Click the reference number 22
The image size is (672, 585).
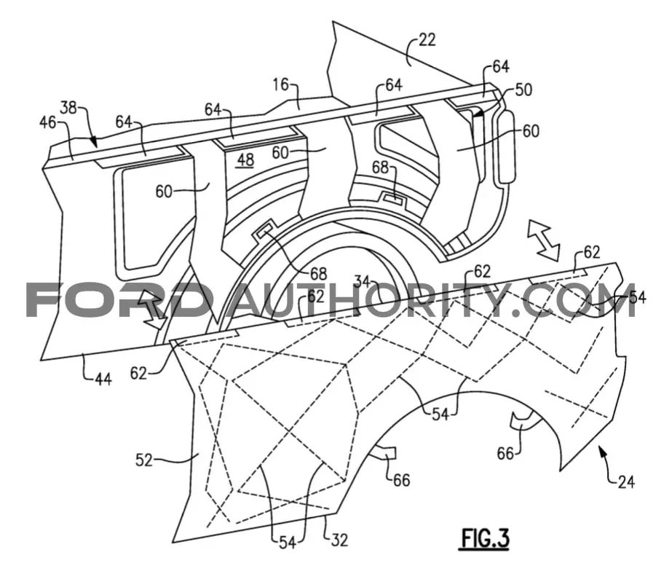(x=427, y=40)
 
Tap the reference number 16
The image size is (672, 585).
(x=281, y=85)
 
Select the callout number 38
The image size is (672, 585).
(x=68, y=107)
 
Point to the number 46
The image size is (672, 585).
(x=47, y=122)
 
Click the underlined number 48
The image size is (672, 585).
(x=245, y=160)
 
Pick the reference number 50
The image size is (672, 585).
(x=523, y=90)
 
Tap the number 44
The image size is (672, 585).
(x=103, y=379)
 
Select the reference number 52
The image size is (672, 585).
(x=144, y=460)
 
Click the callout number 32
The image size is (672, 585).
(x=339, y=540)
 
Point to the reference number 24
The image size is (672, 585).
(x=626, y=482)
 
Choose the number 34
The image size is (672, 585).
(x=362, y=281)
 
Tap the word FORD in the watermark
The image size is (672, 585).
(x=116, y=300)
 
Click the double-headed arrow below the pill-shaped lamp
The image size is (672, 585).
(x=543, y=240)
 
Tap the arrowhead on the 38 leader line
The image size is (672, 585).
(x=95, y=142)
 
